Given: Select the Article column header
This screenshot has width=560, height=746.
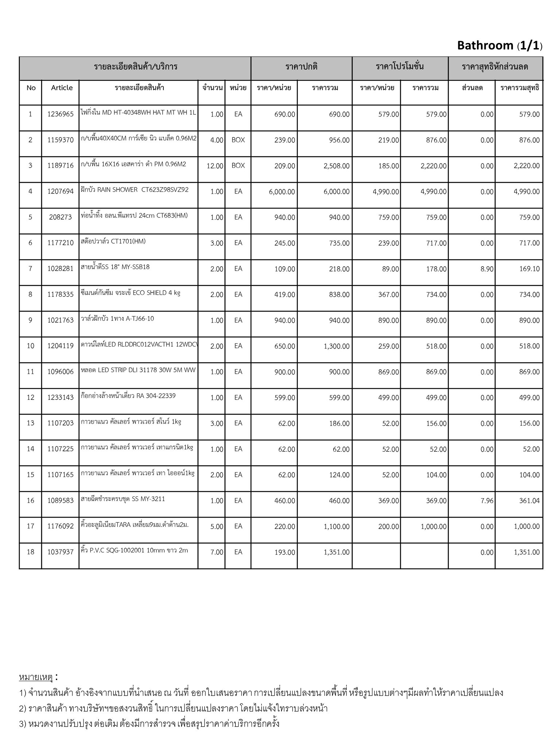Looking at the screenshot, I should [x=62, y=88].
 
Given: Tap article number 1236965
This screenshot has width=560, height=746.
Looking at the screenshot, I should [x=61, y=114].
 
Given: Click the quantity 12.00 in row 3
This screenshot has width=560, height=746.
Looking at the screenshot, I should [x=215, y=166].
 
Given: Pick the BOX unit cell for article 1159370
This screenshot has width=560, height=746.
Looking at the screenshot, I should [x=238, y=140].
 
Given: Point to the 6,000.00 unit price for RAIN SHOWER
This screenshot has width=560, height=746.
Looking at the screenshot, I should [x=282, y=192].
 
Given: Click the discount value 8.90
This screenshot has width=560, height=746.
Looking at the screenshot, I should [x=487, y=269].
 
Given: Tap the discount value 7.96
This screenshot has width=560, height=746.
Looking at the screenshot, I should [x=487, y=501].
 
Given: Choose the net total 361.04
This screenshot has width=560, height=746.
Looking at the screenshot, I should [x=529, y=501].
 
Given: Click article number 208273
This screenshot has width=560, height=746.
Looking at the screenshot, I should [x=61, y=217].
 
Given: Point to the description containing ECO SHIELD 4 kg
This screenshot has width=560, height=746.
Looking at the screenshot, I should [x=131, y=293].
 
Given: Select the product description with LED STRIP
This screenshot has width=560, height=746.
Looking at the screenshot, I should [x=138, y=370].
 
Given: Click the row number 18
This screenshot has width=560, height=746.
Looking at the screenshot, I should [x=31, y=552].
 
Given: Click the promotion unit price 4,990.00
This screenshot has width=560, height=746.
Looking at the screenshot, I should [x=386, y=192].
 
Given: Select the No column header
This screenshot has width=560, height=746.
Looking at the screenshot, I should [x=31, y=88].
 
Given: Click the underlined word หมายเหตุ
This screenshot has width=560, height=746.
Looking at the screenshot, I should [x=36, y=677].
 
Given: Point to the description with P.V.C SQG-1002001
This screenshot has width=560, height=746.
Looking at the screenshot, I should [x=134, y=550].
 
